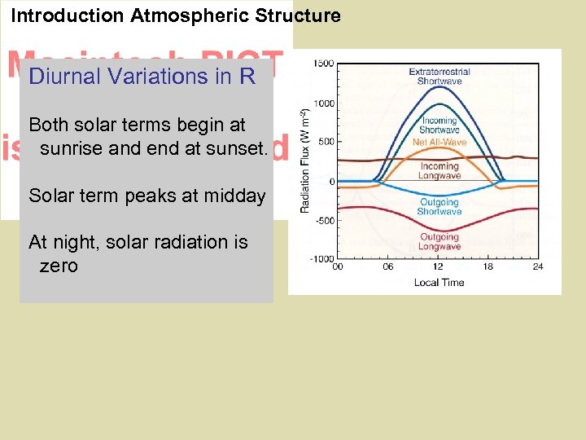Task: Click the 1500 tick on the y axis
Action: (x=323, y=64)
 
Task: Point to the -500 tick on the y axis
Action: (x=324, y=220)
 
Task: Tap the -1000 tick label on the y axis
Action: (x=322, y=258)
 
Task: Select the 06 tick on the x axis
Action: (x=389, y=266)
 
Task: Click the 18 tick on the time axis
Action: (x=488, y=266)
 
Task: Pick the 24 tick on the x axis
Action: (x=537, y=266)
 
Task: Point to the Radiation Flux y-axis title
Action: (x=306, y=161)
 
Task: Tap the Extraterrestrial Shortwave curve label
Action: (x=439, y=77)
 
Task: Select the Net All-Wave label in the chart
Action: (x=439, y=142)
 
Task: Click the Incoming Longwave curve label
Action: (x=439, y=171)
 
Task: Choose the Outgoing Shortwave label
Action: (x=439, y=207)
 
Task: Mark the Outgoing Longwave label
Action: (x=439, y=242)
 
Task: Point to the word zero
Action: (x=59, y=266)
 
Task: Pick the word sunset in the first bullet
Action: (x=236, y=148)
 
